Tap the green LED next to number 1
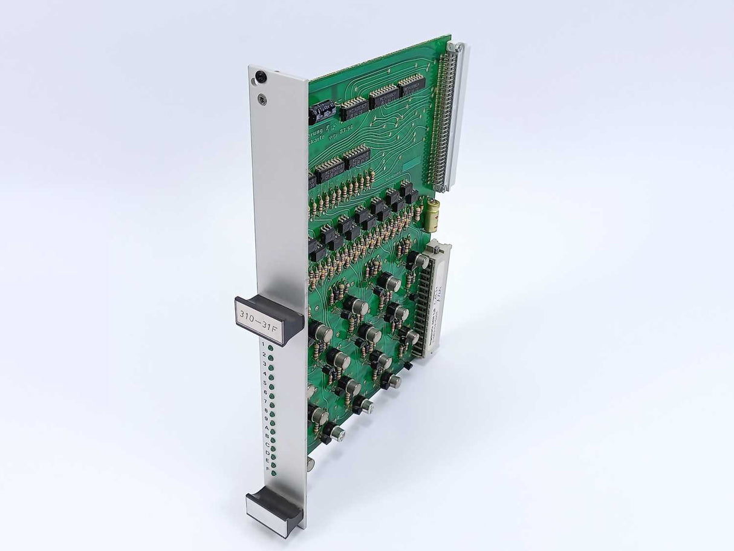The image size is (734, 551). click(x=270, y=348)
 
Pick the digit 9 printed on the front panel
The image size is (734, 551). click(x=266, y=419)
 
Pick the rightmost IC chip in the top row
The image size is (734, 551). click(x=412, y=85)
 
